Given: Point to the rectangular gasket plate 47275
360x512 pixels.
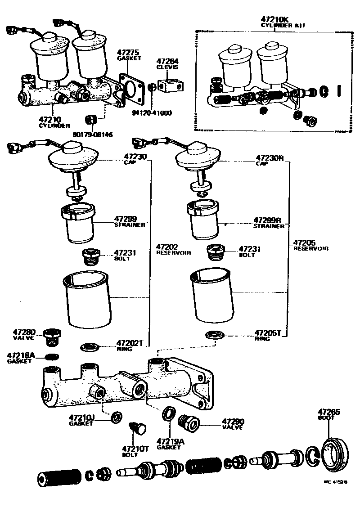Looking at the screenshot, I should [x=134, y=90].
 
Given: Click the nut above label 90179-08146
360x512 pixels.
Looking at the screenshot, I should [x=91, y=120].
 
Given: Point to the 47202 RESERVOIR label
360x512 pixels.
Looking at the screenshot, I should [x=173, y=249].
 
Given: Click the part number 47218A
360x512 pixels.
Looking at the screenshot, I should [x=20, y=355].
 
